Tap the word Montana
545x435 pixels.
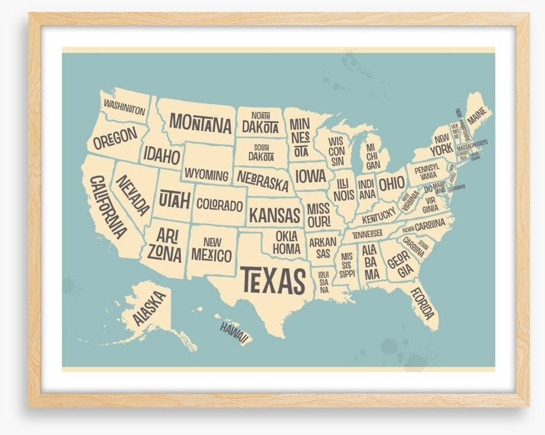coord(200,123)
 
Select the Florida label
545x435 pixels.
coord(423,303)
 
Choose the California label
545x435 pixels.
coord(108,207)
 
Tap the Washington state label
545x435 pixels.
coord(124,107)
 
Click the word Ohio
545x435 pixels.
coord(392,183)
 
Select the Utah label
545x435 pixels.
coord(174,200)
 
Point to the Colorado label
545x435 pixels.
coord(220,205)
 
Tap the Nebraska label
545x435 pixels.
coord(263,180)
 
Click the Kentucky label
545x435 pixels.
coord(379,215)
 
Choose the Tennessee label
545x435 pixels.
coord(368,234)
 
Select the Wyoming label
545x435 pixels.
coord(206,175)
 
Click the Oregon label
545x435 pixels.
coord(115,138)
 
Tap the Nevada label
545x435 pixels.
coord(132,195)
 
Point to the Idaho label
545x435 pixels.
coord(161,155)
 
